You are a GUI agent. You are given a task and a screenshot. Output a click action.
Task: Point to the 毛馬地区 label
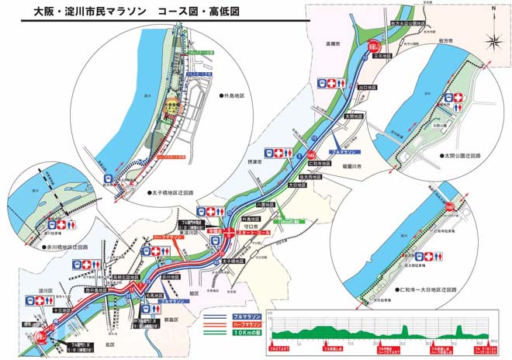[x=155, y=295]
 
